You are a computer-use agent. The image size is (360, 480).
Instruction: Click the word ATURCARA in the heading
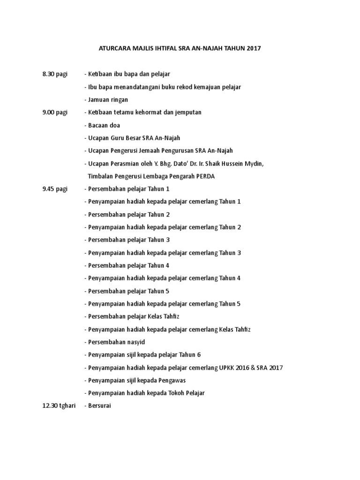coord(115,48)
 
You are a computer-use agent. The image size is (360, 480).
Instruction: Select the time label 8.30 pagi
coord(55,74)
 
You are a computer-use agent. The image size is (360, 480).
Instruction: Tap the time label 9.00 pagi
coord(55,112)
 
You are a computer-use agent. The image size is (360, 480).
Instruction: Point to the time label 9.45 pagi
coord(55,188)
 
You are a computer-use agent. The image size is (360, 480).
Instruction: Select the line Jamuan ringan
coord(107,99)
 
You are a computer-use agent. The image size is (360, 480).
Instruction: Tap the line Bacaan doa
coord(103,125)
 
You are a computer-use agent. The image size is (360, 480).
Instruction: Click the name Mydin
coord(254,163)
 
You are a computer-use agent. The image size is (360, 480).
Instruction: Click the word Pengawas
coord(177,380)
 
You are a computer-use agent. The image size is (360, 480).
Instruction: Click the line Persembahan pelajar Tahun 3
coord(127,240)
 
